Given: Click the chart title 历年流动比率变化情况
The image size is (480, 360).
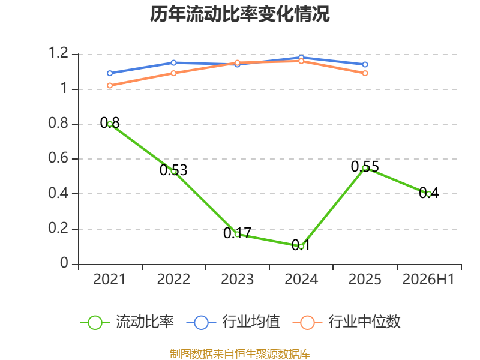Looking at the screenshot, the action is [239, 14].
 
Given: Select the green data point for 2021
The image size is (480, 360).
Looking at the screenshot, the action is [110, 124].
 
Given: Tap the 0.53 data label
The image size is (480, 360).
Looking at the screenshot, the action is [173, 170].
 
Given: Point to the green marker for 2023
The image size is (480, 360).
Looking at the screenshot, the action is [237, 234].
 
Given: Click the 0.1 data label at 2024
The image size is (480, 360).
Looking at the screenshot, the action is [301, 245].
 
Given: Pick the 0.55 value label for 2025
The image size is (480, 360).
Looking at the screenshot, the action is [365, 167].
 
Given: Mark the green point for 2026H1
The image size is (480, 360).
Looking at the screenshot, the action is [428, 194].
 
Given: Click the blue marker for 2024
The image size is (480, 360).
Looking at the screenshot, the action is [301, 58].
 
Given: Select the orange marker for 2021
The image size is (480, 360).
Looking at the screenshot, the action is [110, 85].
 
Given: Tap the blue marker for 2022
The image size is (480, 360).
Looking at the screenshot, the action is [173, 63].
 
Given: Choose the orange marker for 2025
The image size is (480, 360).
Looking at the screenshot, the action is [365, 73].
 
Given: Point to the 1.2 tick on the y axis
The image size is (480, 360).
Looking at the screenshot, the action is [58, 53].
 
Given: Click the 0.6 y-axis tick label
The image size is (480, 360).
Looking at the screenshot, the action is [58, 158].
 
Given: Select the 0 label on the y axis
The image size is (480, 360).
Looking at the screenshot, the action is [64, 263].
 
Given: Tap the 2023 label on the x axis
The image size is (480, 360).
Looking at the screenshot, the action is [237, 280].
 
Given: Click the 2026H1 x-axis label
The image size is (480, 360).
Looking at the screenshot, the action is [428, 280].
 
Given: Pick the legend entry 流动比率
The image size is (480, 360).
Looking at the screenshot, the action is [127, 322].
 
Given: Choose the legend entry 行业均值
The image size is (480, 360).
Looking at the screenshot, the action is [233, 322].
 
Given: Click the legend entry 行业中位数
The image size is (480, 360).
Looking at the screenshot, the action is [347, 322].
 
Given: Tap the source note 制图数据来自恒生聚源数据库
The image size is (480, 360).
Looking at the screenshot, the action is [240, 354].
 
